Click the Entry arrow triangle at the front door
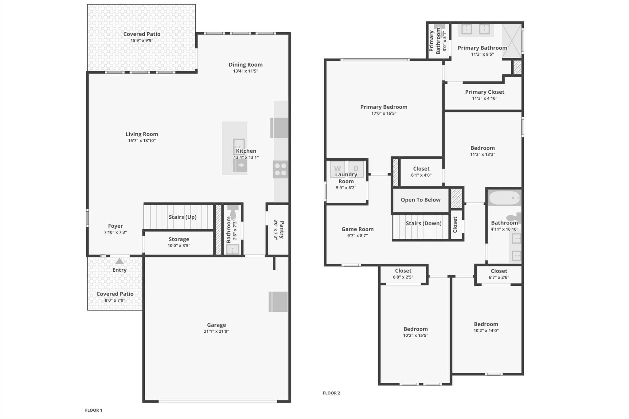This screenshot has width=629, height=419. (119, 261)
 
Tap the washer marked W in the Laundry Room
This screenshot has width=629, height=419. (337, 169)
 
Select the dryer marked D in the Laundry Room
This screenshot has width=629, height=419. (356, 169)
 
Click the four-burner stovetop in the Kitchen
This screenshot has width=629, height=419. (280, 169)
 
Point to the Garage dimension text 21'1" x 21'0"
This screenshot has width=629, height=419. (216, 331)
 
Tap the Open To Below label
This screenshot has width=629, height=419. (420, 200)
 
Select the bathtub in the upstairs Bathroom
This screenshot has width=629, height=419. (504, 198)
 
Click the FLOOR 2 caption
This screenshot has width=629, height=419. (331, 393)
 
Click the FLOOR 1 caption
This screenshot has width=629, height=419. (94, 410)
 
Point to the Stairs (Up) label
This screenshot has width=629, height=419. (182, 217)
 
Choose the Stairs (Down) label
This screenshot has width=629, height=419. (423, 223)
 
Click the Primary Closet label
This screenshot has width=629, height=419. (484, 92)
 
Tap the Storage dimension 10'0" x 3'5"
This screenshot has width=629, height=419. (179, 245)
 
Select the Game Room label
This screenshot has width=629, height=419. (357, 229)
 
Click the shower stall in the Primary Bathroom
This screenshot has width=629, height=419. (512, 41)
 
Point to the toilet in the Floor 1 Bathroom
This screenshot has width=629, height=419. (233, 212)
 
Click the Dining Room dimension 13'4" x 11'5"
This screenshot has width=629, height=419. (245, 71)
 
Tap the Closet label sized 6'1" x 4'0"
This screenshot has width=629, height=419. (421, 169)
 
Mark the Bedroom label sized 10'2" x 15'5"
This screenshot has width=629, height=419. (415, 329)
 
